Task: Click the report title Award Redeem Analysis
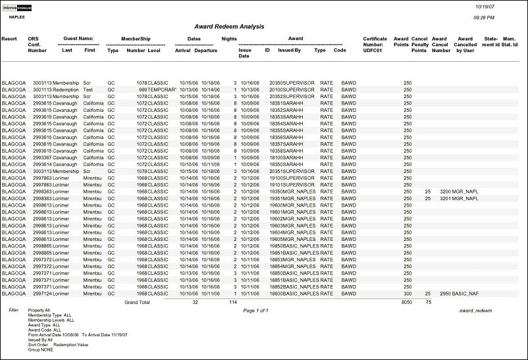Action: coord(229,26)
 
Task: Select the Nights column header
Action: coord(229,39)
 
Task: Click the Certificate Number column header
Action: coord(375,44)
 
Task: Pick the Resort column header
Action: coord(9,39)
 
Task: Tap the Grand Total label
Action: coord(137,302)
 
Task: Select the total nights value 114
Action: coord(232,302)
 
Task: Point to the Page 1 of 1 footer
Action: coord(255,309)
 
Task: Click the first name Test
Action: coord(88,89)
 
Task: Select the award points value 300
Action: coord(407,294)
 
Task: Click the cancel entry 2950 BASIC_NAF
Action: coord(459,294)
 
